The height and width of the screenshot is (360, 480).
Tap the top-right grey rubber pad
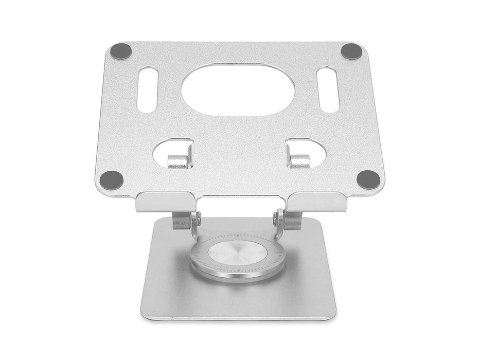351,51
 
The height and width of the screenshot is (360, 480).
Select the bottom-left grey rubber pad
112,179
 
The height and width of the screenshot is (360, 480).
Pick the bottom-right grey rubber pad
368,179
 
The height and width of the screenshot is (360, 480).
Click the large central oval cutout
238,89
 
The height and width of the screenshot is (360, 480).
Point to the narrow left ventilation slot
148,89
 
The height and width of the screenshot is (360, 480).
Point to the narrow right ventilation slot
328,89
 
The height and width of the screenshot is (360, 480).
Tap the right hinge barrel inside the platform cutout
300,161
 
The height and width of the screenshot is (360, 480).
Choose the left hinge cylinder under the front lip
181,221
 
